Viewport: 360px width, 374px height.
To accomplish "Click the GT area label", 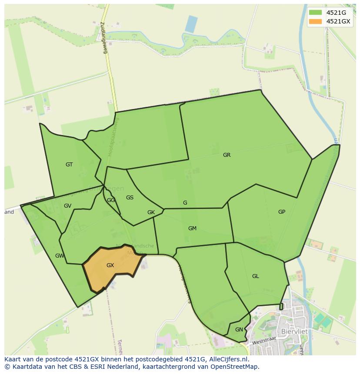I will click(x=69, y=165).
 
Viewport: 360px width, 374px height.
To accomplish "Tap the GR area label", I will click(x=227, y=155).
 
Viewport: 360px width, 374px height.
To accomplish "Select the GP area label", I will click(x=282, y=212).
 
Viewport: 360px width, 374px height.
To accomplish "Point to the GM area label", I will click(x=192, y=228).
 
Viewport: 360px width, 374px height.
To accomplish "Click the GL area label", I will click(x=255, y=276).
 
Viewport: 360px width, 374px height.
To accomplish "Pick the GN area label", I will click(x=239, y=330).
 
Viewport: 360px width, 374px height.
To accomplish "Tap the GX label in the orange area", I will click(x=110, y=265).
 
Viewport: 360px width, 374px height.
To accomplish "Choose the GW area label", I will click(x=60, y=256).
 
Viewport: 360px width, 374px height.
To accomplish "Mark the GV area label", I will click(x=67, y=206).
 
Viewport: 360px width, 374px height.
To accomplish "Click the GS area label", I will click(x=130, y=198).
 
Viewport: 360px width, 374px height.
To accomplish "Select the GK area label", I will click(x=151, y=212).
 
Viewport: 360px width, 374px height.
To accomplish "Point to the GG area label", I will click(x=111, y=200).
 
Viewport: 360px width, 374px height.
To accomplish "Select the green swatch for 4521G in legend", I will click(x=315, y=13).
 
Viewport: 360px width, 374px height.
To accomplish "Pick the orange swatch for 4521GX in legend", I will click(x=315, y=21).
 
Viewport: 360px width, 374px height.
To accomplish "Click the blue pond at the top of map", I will click(x=191, y=24).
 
